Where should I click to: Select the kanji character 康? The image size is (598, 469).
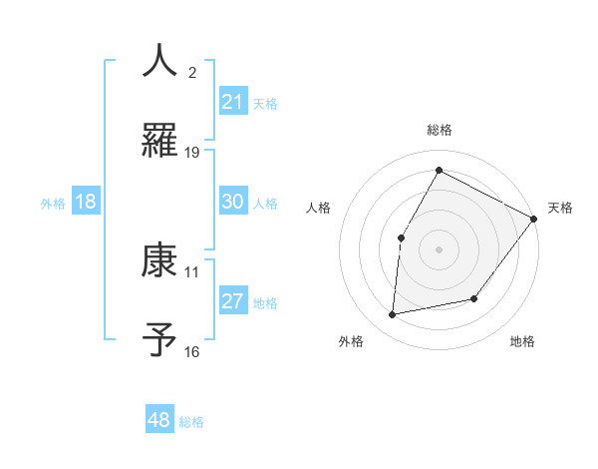[x=160, y=261]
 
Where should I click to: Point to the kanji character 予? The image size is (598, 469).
[x=160, y=341]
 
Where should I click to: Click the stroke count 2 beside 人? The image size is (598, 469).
[x=192, y=72]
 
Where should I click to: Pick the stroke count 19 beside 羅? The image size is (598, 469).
[x=192, y=152]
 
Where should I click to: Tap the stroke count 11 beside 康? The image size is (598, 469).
[x=192, y=271]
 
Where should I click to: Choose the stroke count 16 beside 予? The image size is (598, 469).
[x=192, y=351]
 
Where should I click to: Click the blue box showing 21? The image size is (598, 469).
[x=232, y=102]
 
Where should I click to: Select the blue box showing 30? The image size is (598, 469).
[x=232, y=202]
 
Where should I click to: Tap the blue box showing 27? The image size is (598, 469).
[x=232, y=301]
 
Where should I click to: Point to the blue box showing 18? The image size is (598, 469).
[x=86, y=202]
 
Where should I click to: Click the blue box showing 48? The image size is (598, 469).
[x=159, y=420]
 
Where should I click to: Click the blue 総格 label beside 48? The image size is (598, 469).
[x=191, y=422]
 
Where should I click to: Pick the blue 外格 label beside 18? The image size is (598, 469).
[x=53, y=204]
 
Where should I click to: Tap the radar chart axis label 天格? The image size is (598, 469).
[x=560, y=208]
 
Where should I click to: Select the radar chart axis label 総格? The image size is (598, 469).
[x=440, y=130]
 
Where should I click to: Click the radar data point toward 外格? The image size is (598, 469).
[x=394, y=314]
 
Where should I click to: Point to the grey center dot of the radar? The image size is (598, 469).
[x=439, y=248]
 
